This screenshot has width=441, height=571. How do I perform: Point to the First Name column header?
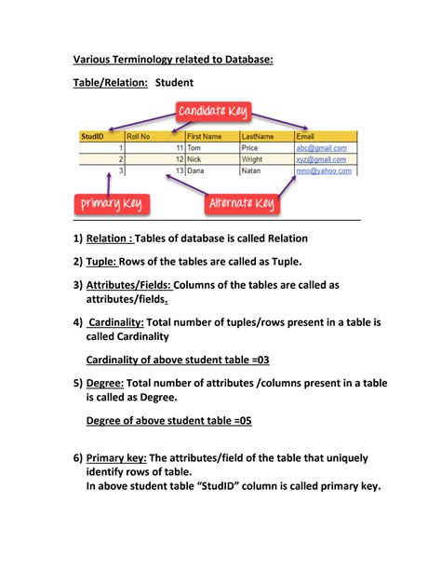click(x=205, y=136)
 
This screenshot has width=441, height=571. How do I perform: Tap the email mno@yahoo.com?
click(x=323, y=171)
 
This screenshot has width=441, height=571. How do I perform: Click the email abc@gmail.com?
click(x=321, y=148)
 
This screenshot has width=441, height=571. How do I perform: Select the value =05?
click(x=239, y=420)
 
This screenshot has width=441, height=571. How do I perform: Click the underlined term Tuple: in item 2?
click(x=107, y=262)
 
